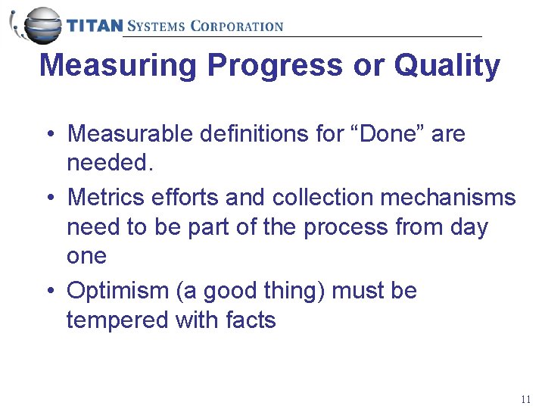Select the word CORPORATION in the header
coord(236,26)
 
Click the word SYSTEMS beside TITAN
coord(156,26)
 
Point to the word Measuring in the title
coord(117,66)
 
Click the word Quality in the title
coord(447,66)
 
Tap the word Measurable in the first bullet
coord(130,134)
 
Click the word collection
coord(322,198)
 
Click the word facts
coord(251,320)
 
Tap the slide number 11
coord(526,399)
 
